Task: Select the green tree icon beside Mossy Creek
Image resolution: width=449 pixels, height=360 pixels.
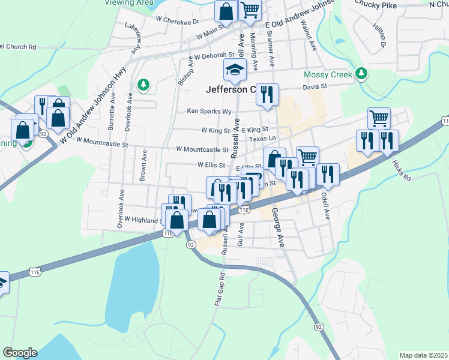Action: click(x=361, y=74)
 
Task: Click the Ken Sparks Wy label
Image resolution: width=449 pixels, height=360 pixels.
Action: click(x=209, y=111)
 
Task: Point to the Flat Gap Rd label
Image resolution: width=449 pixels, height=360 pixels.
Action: click(x=220, y=290)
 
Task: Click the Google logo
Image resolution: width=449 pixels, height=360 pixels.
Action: click(x=20, y=353)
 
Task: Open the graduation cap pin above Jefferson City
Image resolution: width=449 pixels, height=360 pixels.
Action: click(x=235, y=70)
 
